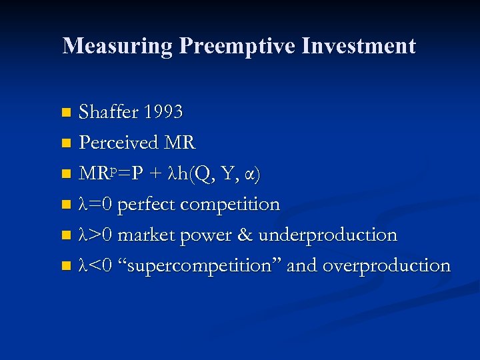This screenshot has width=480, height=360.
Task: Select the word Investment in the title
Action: pos(358,46)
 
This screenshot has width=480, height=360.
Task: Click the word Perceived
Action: pos(119,143)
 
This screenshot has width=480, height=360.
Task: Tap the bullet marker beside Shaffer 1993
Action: pos(65,113)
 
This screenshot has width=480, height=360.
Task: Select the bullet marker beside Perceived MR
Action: pos(65,143)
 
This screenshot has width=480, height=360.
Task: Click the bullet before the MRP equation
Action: pos(65,174)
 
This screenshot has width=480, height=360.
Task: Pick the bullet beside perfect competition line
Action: pos(65,205)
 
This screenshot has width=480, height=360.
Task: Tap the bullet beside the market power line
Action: pos(65,235)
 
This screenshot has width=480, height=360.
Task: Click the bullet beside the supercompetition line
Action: pos(65,266)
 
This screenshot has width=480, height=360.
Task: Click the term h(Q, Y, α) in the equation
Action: pos(220,174)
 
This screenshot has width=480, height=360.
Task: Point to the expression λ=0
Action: pos(96,204)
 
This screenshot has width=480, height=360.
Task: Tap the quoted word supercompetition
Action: pos(201,265)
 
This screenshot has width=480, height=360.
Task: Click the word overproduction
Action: pos(387,265)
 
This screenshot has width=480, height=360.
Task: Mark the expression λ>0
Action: pos(96,235)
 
